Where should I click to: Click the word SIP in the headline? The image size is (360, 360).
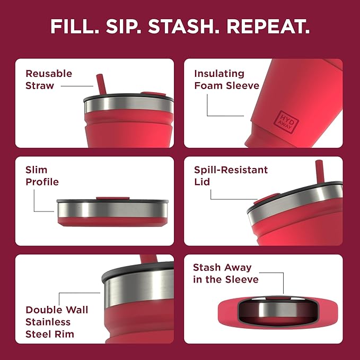point(123,27)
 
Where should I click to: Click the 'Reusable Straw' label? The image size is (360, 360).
point(49,80)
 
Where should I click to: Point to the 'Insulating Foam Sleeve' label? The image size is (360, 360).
point(226,80)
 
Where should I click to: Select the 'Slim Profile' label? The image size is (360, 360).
point(42,176)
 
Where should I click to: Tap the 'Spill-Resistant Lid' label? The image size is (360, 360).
point(231,176)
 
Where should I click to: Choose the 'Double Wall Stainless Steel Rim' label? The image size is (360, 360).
point(57,322)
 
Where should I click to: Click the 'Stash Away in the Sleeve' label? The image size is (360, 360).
point(225,273)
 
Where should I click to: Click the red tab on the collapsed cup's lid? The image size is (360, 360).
point(112,199)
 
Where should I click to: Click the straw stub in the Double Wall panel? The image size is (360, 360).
point(148,260)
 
